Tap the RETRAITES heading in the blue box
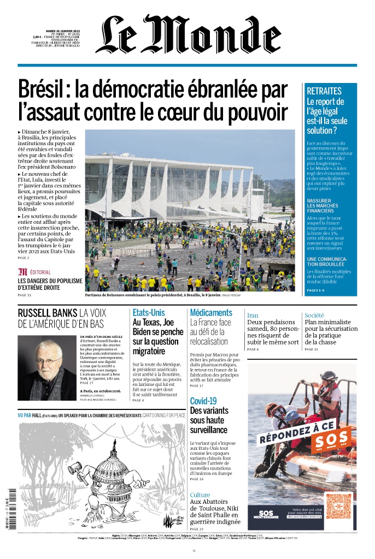tap(324, 91)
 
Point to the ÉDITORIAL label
tap(40, 272)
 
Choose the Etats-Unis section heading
tap(149, 313)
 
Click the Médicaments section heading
tap(211, 313)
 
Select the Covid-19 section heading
tap(203, 401)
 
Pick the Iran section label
tap(253, 316)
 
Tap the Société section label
tap(314, 316)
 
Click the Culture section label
tap(200, 495)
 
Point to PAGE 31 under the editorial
tap(25, 295)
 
